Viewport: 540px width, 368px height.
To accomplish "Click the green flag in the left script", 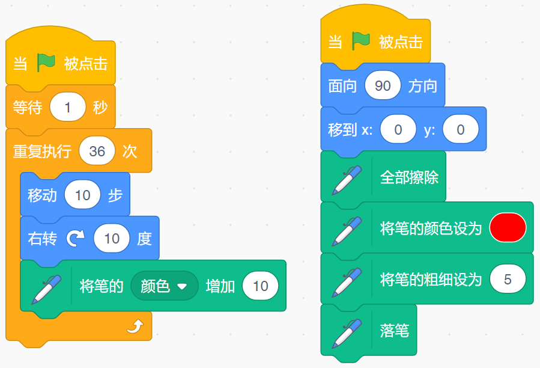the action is click(x=46, y=63).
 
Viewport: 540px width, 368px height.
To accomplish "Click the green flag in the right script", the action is click(x=360, y=41).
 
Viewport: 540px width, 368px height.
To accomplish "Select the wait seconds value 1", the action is click(x=68, y=107).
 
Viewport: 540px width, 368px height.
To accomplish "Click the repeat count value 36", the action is click(x=97, y=151).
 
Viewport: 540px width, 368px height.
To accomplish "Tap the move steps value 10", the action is click(x=83, y=194).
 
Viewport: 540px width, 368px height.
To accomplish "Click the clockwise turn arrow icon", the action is click(x=76, y=238).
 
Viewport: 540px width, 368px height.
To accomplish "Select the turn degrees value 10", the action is click(x=112, y=238).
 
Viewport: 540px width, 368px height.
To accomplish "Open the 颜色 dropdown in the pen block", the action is click(x=164, y=286).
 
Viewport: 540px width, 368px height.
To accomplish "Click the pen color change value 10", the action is click(x=260, y=286).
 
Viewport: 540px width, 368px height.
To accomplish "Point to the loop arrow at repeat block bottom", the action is click(x=135, y=327).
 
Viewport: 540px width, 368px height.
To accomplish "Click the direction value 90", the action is click(x=383, y=85).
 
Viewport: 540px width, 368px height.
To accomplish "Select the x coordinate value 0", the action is click(x=398, y=129).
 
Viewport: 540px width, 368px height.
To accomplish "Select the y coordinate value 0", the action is click(x=461, y=129).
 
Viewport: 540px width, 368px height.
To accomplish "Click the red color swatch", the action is click(x=508, y=228).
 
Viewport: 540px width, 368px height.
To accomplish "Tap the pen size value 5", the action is click(x=508, y=278).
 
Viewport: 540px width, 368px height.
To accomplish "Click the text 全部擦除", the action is click(x=409, y=177).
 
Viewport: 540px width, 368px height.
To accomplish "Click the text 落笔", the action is click(x=394, y=330).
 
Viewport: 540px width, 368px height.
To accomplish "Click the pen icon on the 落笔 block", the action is click(x=347, y=334).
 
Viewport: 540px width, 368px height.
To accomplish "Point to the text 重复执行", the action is click(x=42, y=151).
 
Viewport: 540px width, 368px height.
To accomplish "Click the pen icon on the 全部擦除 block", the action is click(x=347, y=180).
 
